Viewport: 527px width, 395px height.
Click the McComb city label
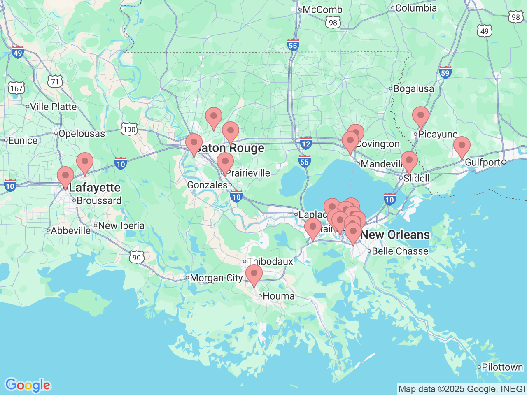[322, 9]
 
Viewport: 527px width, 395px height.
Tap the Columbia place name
[416, 8]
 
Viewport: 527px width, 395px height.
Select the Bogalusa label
[413, 88]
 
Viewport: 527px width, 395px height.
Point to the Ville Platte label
[53, 107]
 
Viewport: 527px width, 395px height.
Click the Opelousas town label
[82, 133]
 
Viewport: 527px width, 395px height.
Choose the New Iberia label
[121, 225]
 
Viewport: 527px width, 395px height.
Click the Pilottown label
[502, 367]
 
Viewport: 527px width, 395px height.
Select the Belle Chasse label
[400, 251]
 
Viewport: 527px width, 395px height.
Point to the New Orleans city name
[395, 235]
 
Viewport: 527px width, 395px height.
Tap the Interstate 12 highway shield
[305, 144]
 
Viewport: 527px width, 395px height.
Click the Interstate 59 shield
[445, 73]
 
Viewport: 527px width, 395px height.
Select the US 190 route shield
[129, 130]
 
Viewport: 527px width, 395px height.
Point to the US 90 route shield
[137, 258]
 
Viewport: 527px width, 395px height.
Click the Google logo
[28, 385]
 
